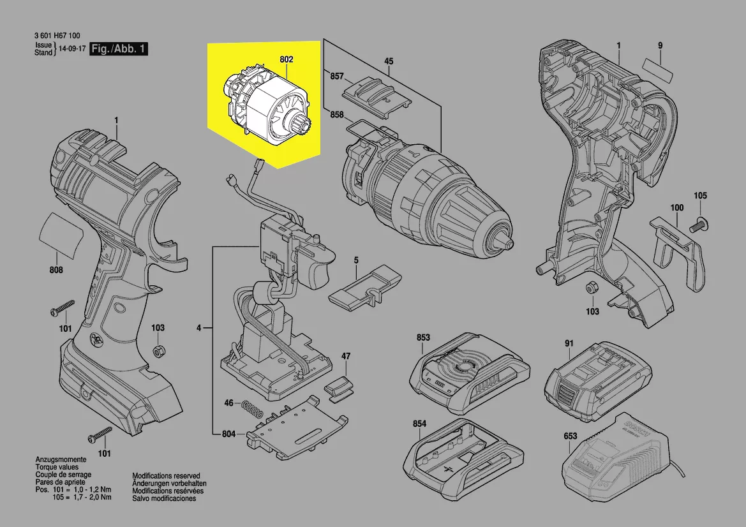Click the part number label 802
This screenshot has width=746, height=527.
[286, 59]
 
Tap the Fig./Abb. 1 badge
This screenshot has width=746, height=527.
[119, 49]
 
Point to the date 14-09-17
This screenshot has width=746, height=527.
[72, 49]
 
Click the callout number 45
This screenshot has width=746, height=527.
[388, 61]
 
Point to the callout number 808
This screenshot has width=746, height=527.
[56, 271]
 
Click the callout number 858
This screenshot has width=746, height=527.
[336, 115]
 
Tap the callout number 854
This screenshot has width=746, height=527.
[419, 424]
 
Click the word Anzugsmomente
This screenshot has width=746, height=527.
[57, 460]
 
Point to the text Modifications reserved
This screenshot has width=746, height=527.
[166, 476]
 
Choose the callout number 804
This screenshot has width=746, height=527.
[229, 434]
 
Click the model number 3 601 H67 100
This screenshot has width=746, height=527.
[57, 38]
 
